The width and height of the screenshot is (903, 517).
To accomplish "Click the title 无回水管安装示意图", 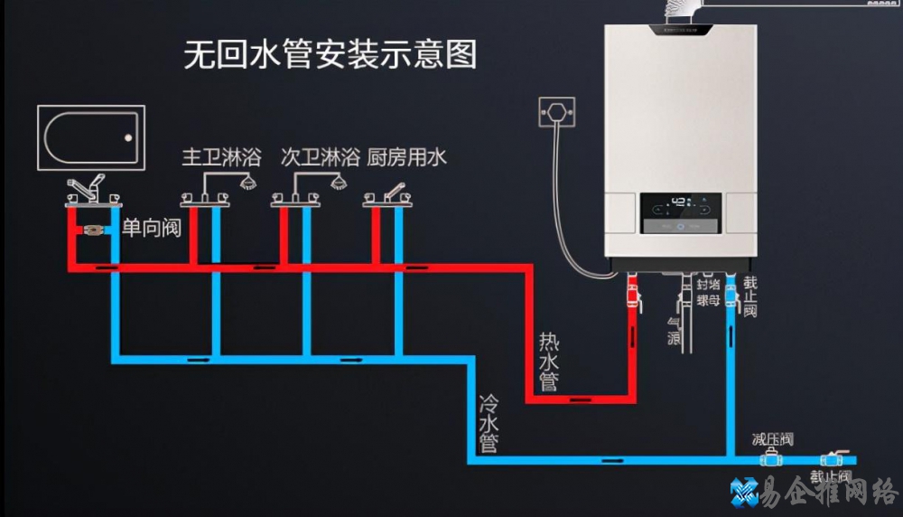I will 330,55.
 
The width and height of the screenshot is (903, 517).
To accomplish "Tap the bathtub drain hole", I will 128,138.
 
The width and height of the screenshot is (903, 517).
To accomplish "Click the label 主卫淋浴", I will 220,157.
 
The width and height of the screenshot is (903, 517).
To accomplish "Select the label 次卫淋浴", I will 320,157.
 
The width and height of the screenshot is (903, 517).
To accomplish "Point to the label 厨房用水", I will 407,157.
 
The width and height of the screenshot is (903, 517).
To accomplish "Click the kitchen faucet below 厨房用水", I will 389,194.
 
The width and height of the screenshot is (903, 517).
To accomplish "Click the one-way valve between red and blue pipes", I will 91,230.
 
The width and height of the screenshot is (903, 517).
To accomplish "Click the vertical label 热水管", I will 549,362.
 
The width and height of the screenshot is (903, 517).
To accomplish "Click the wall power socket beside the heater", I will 557,112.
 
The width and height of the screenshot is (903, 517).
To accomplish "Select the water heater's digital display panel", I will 683,213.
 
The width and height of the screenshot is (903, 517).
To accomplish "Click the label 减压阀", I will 772,439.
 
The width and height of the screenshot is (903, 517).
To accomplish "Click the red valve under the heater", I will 633,296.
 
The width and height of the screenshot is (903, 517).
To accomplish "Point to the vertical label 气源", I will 673,329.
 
